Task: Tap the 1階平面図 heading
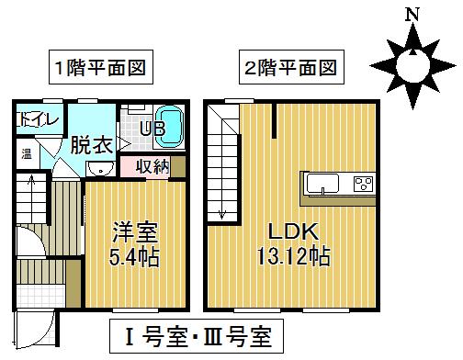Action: pos(101,67)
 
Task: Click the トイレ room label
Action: pos(38,119)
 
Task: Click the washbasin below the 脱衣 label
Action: pos(99,167)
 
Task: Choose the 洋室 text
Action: pos(135,229)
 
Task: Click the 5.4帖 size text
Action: pos(135,256)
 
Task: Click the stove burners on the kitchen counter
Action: pos(360,183)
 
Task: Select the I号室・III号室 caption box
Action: pos(192,335)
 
